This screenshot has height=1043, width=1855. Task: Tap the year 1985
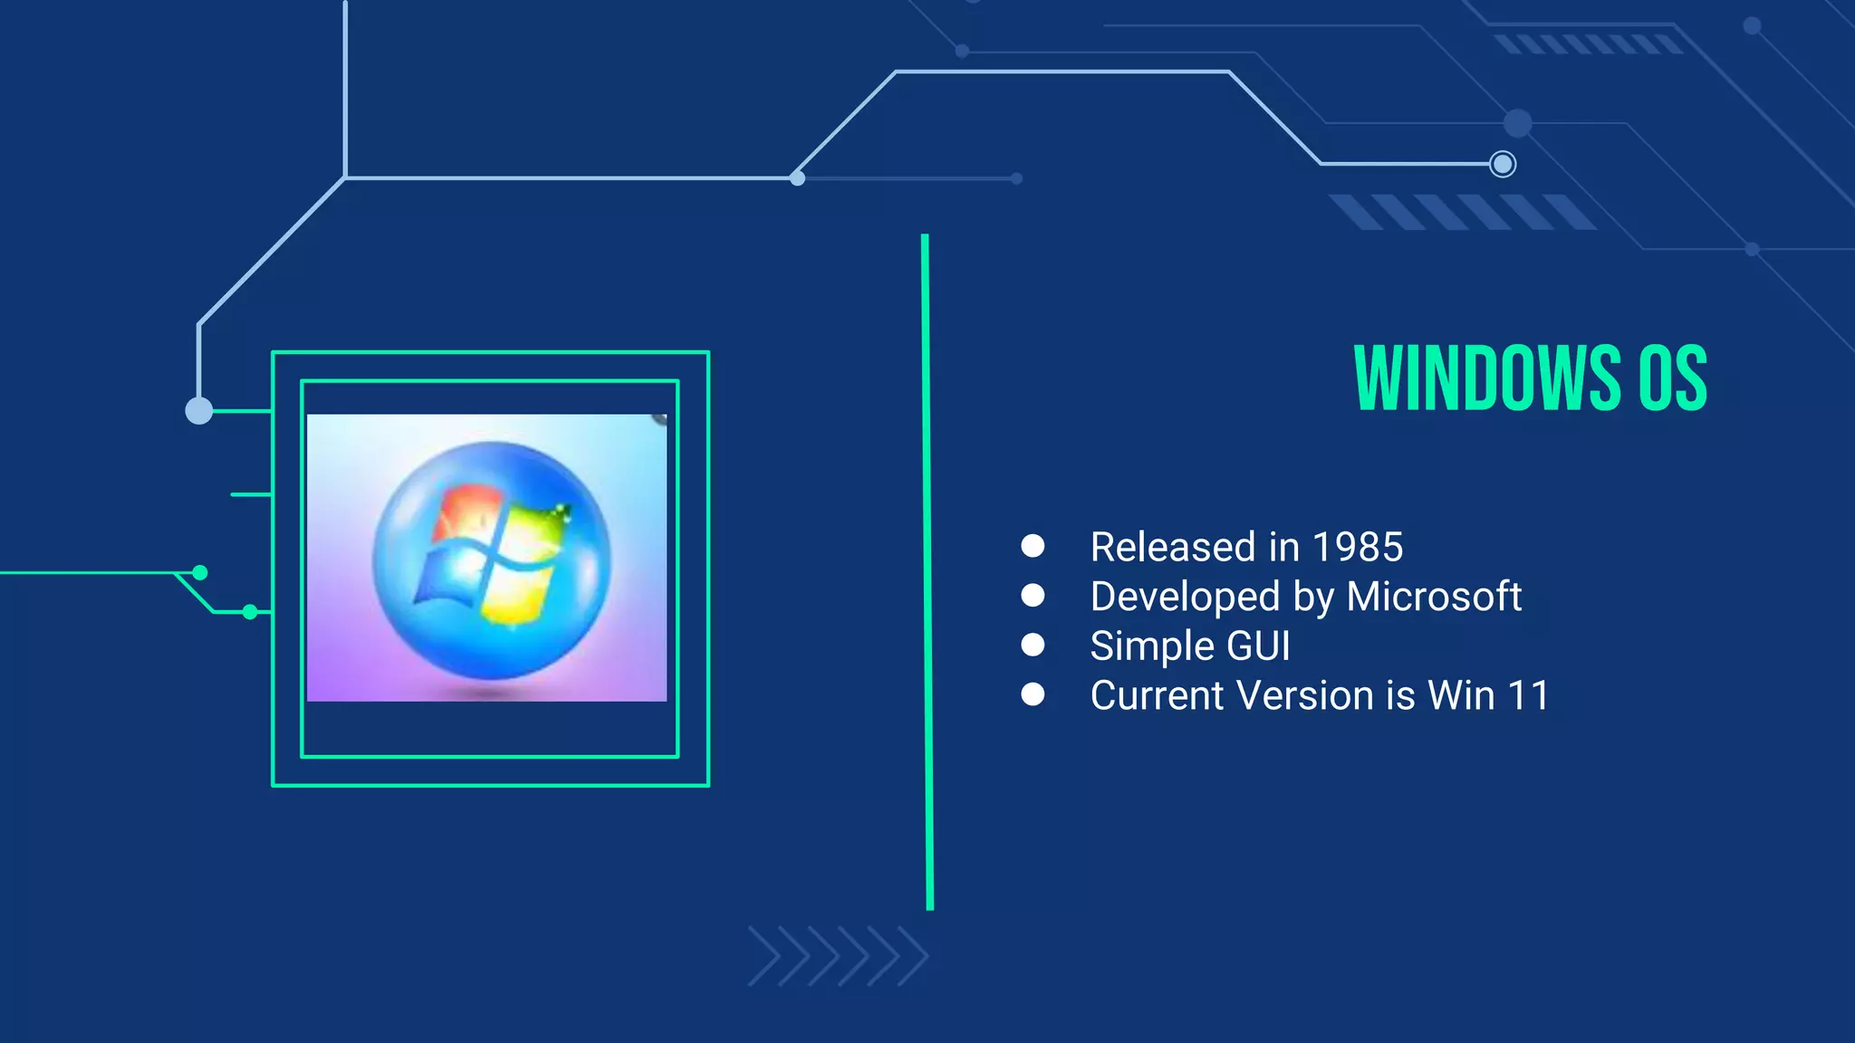1357,547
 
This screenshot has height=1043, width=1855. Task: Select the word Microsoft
1433,597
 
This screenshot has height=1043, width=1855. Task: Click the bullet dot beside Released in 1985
1033,545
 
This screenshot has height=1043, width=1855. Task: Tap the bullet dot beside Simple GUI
1033,645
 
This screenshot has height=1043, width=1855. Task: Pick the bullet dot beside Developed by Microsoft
1033,595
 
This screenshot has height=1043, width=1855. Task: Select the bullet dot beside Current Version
1033,694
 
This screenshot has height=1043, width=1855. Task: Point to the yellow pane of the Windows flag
516,593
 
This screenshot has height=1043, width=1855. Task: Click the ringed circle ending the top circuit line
1503,164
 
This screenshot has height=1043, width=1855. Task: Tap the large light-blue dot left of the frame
199,411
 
